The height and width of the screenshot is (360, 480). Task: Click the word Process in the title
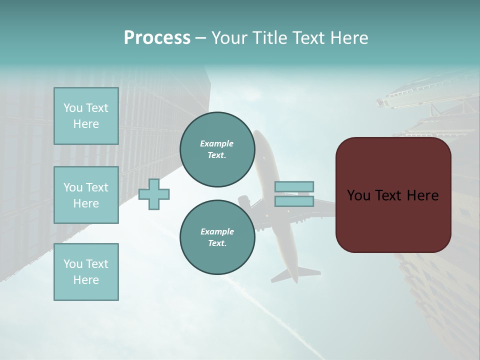tap(157, 38)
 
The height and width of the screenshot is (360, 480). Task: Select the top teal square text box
tap(86, 116)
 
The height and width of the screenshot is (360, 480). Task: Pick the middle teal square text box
tap(86, 195)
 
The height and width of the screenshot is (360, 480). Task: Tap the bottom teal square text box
tap(86, 272)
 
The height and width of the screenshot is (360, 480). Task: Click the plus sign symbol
tap(154, 194)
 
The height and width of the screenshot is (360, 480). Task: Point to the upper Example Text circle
tap(217, 149)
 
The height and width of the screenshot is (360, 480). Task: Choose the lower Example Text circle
tap(217, 237)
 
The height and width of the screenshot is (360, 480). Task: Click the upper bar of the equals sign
tap(294, 186)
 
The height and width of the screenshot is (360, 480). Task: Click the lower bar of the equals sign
tap(294, 201)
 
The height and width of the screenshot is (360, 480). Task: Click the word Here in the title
tap(349, 38)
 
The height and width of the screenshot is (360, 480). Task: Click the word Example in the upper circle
tap(217, 143)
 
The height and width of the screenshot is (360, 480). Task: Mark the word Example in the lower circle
tap(217, 231)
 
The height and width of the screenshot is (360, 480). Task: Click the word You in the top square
tap(73, 108)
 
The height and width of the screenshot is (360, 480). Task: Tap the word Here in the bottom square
tap(86, 280)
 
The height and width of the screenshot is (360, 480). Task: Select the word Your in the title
tap(229, 38)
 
